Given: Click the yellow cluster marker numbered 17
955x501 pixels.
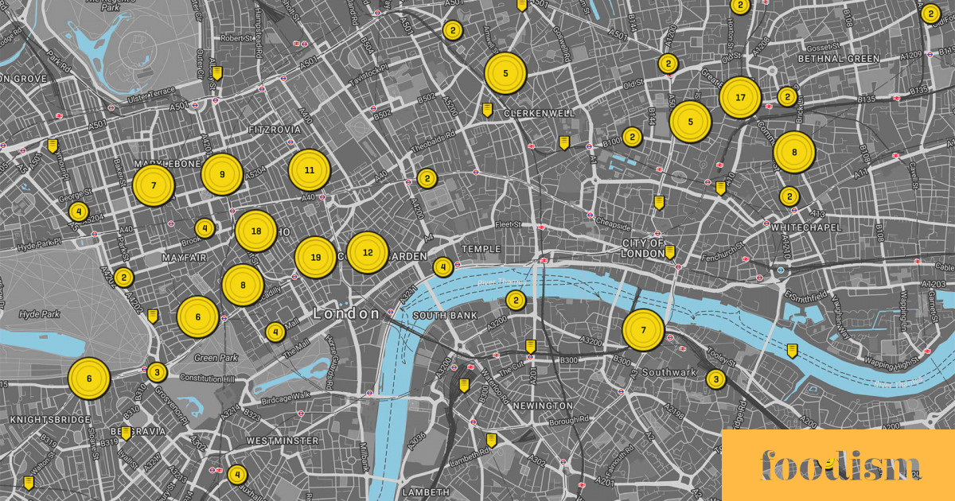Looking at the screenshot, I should (740, 98).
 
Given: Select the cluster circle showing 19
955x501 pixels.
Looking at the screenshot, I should (316, 258).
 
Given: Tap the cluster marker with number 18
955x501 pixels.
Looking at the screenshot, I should (255, 231).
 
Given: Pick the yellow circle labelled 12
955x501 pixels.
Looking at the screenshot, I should (368, 253).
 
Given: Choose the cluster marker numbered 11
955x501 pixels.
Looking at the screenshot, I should (310, 170).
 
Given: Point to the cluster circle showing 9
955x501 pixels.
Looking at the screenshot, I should (222, 174).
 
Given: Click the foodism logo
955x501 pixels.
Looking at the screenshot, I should (840, 464).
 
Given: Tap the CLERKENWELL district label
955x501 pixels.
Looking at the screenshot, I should (539, 114).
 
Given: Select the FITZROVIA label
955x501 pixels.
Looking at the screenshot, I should (275, 129).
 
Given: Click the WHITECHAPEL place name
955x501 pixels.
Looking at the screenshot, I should (806, 227).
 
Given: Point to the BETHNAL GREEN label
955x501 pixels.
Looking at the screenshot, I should (840, 59).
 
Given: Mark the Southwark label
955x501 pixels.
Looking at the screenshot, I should (669, 372).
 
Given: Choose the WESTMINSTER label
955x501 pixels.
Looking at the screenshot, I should (283, 441).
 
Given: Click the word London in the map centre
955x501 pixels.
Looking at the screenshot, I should (346, 314).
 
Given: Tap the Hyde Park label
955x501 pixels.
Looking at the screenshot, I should (40, 314).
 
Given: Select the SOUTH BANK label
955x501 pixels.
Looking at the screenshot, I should (445, 316).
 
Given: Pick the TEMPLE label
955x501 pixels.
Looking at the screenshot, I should (481, 249).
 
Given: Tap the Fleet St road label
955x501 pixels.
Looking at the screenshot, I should (507, 225).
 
